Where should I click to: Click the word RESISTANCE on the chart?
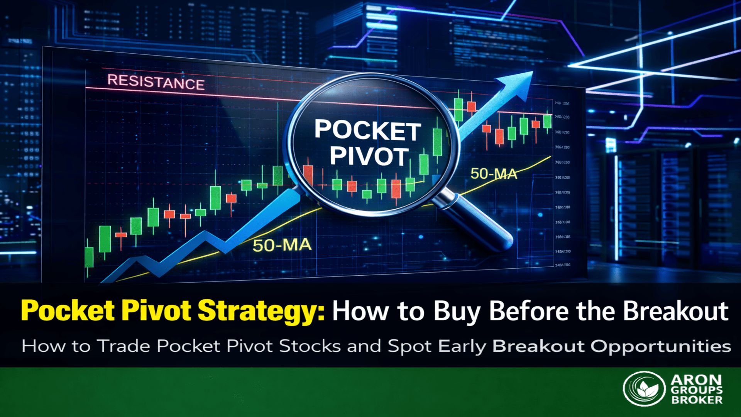click(156, 82)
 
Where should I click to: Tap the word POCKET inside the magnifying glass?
click(367, 130)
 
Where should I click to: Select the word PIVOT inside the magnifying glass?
click(369, 156)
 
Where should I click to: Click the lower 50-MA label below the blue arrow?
click(282, 245)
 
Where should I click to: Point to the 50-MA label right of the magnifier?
click(494, 174)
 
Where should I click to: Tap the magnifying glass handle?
click(479, 222)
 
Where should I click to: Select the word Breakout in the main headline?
click(676, 311)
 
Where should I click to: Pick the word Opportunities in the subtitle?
click(661, 346)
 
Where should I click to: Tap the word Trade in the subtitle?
click(123, 346)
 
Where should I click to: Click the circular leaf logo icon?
click(644, 388)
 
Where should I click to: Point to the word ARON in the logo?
click(696, 380)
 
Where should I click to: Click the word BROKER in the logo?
click(697, 400)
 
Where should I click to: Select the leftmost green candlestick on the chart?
click(89, 257)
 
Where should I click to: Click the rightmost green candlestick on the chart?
click(547, 121)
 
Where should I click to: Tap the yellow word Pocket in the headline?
click(68, 311)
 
